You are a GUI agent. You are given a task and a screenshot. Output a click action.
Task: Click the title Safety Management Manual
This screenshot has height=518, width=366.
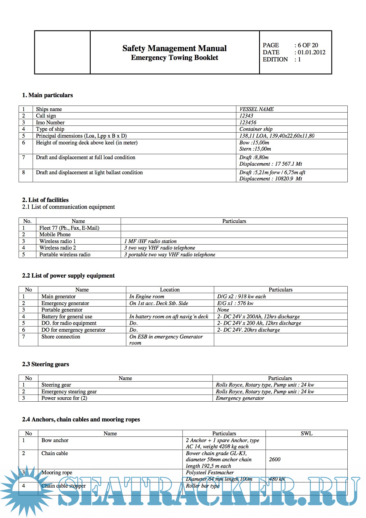[174, 48]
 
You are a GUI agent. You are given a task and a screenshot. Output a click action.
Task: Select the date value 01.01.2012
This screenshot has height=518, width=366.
[311, 52]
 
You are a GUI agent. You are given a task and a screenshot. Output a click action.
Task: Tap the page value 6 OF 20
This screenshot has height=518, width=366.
[308, 45]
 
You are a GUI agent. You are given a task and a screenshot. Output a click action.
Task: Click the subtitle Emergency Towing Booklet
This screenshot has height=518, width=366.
[174, 58]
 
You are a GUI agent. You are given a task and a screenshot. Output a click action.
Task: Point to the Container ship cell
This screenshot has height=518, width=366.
[256, 129]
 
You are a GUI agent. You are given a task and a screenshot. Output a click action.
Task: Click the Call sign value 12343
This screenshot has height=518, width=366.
[246, 116]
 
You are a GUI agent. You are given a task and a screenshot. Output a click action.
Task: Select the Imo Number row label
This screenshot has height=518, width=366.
[50, 123]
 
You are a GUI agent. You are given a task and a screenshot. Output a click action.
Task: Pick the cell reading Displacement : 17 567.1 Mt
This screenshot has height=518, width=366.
[271, 164]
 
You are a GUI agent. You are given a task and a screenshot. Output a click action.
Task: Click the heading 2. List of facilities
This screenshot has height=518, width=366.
[45, 200]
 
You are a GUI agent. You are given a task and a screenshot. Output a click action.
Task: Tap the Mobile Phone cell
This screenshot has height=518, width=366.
[55, 234]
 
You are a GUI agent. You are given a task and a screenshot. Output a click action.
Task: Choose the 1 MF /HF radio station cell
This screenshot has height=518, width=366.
[150, 241]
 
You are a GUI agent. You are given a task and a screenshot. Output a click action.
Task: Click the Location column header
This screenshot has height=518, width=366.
[170, 290]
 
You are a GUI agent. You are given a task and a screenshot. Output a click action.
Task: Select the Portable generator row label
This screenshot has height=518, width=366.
[62, 310]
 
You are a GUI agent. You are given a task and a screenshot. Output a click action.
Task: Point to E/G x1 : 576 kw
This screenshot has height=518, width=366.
[235, 303]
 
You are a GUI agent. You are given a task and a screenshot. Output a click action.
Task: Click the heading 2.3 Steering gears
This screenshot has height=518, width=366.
[45, 364]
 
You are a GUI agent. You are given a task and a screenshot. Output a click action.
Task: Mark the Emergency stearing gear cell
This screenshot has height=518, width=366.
[69, 392]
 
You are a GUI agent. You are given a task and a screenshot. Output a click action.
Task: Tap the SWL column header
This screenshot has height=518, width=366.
[306, 434]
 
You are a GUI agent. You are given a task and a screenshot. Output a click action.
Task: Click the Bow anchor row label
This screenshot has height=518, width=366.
[55, 440]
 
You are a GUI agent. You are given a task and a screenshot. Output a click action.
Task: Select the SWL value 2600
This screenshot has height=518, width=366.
[275, 460]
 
